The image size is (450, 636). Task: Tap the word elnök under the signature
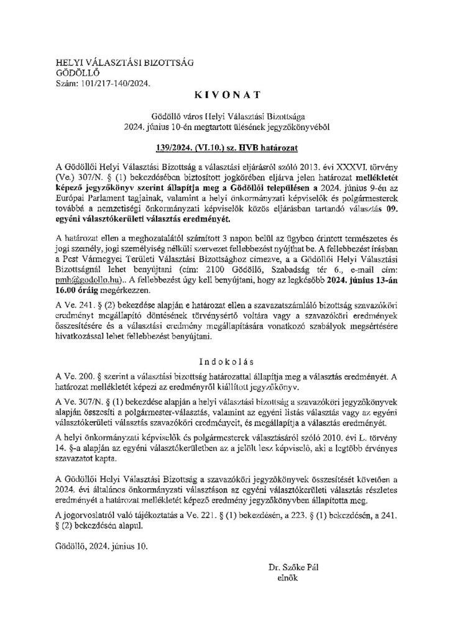coord(288,577)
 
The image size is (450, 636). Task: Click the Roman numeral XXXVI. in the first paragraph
coord(344,166)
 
